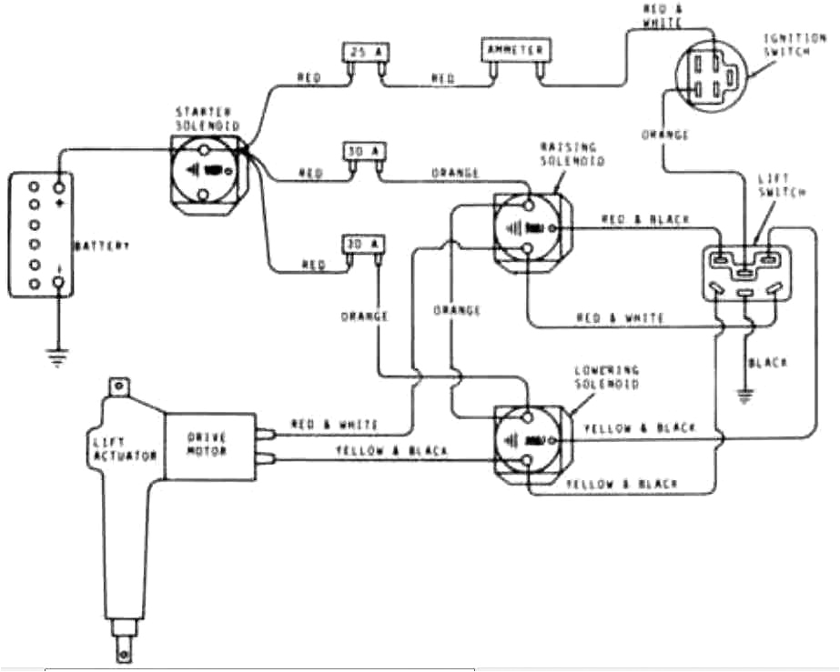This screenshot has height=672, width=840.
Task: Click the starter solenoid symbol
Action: pos(208,170)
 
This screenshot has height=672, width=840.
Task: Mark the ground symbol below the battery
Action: pos(59,359)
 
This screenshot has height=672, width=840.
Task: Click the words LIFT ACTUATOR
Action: pos(127,447)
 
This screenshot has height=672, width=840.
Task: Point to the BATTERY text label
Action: pos(102,246)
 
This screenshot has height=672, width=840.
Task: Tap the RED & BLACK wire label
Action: pos(646,220)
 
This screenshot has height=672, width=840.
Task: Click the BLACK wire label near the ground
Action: pos(767,362)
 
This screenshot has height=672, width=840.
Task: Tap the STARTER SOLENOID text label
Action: pos(202,116)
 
